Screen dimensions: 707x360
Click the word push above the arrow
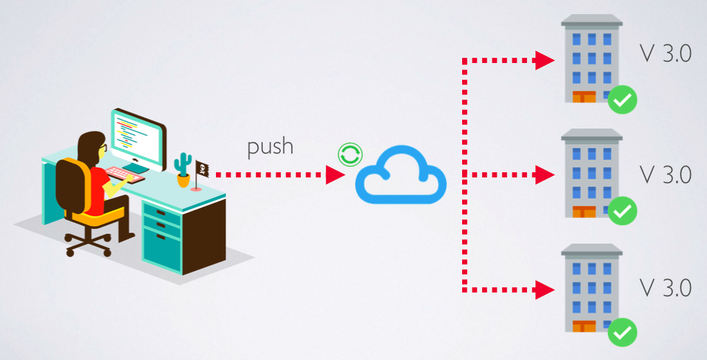click(x=270, y=147)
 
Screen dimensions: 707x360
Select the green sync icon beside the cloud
click(x=350, y=154)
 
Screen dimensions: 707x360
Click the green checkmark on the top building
click(x=622, y=100)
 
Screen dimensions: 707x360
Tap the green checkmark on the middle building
click(x=622, y=211)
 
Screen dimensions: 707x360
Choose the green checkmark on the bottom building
click(x=622, y=332)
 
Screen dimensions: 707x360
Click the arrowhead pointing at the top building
click(x=546, y=61)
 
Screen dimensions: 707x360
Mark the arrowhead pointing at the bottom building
click(x=546, y=290)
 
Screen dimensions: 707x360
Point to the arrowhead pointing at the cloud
click(x=335, y=175)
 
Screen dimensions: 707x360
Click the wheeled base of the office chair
click(x=87, y=244)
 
